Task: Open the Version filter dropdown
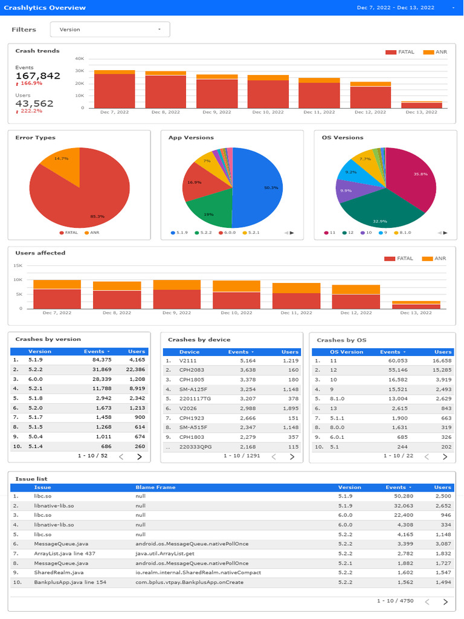[110, 29]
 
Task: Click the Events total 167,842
[38, 76]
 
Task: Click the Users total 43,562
[34, 103]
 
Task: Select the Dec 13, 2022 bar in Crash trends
[421, 105]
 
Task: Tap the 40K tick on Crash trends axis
[79, 59]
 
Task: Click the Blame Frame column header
[155, 487]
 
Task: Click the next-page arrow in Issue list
[445, 601]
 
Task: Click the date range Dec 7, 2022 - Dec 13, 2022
[396, 8]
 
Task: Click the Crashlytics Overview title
[45, 8]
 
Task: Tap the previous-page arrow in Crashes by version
[121, 456]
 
